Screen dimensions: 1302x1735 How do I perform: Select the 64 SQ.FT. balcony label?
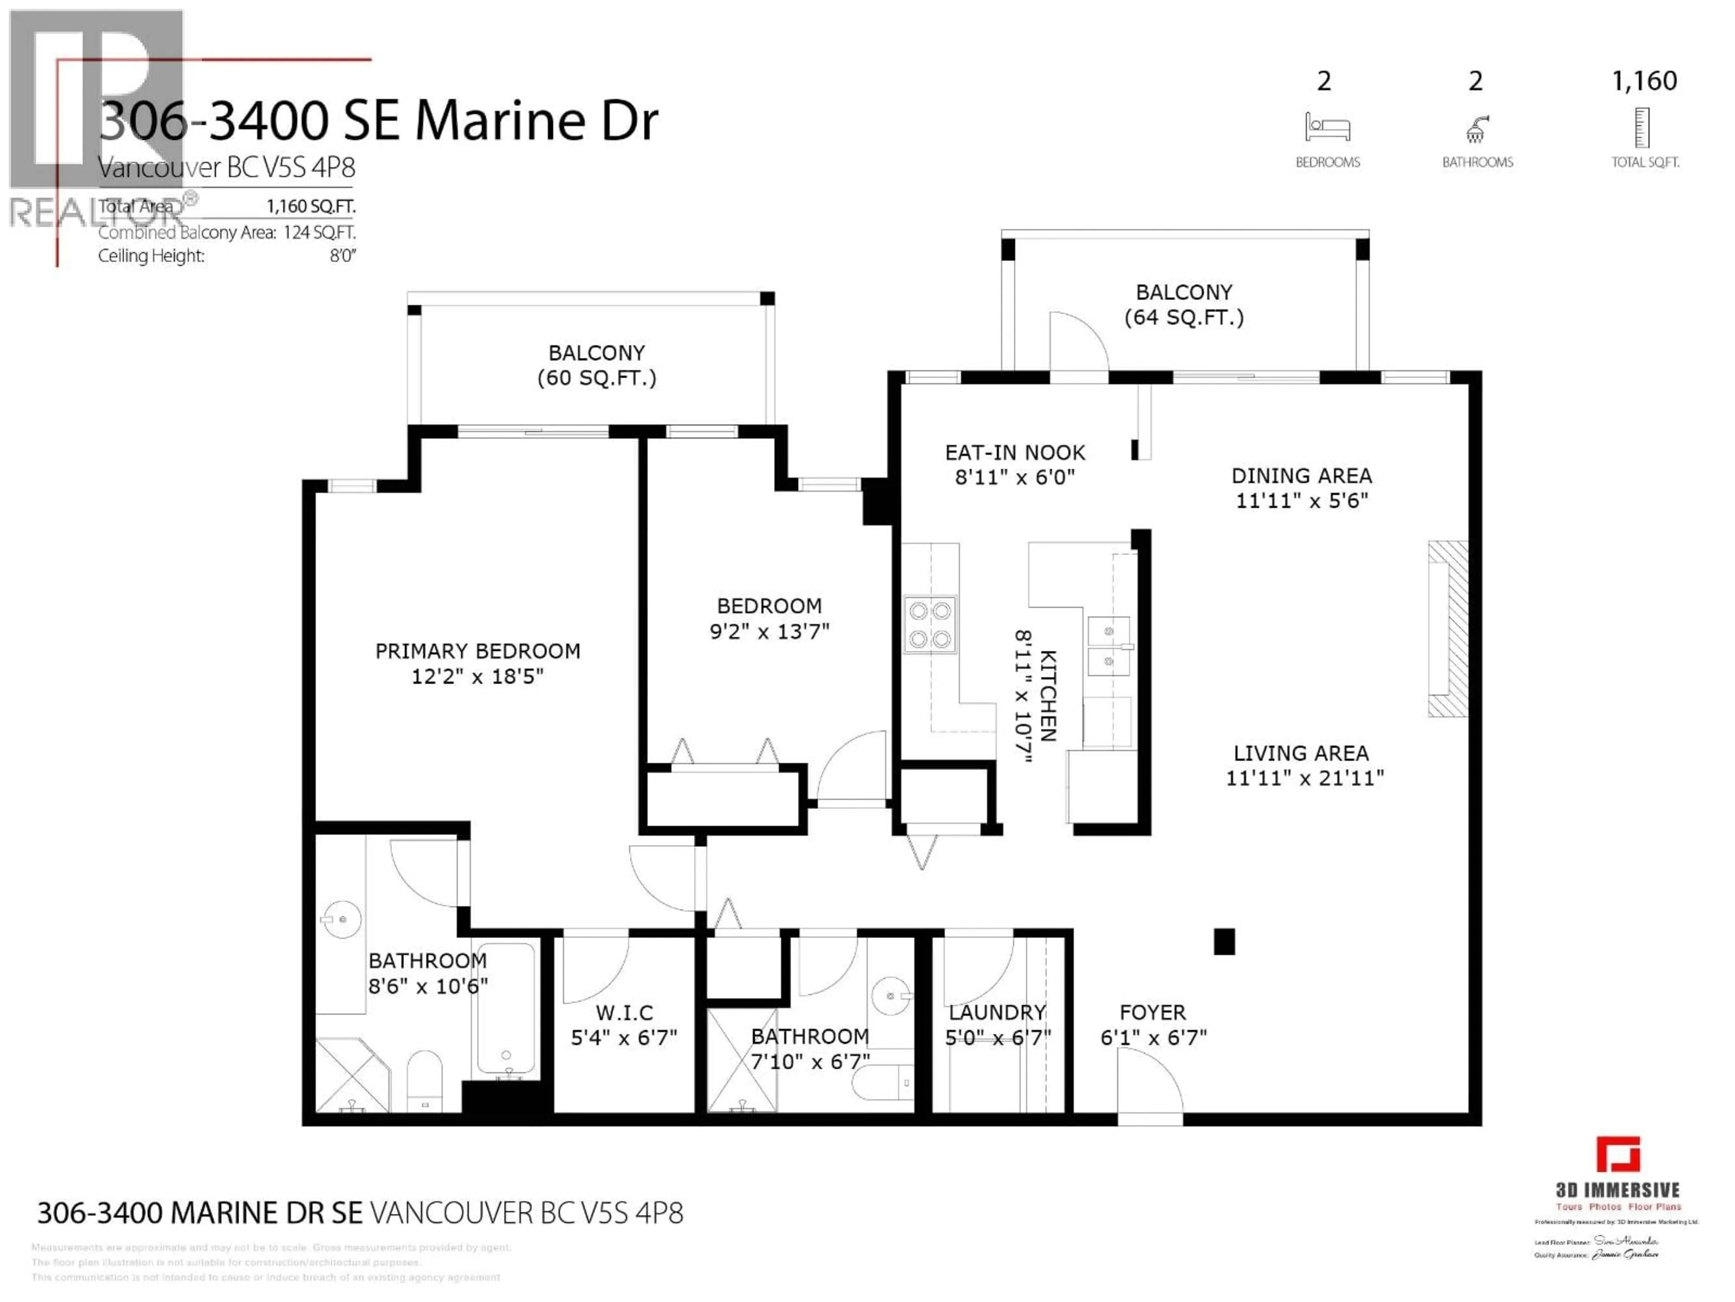click(x=1184, y=305)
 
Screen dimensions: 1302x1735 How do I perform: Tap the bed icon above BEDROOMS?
click(x=1327, y=127)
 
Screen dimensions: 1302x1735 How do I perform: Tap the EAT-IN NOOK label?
click(x=1014, y=453)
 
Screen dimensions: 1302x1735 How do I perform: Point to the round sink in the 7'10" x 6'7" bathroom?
click(x=891, y=996)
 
